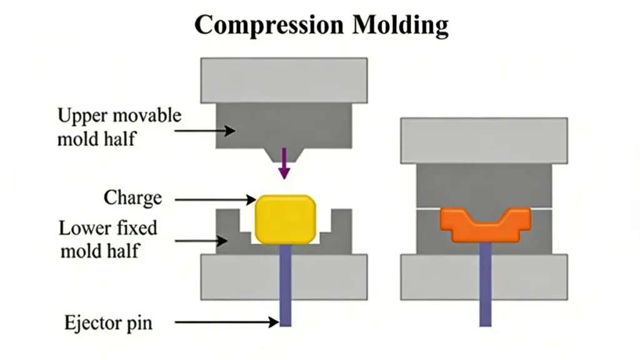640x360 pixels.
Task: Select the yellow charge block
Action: pos(285,219)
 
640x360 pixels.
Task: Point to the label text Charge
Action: pos(132,198)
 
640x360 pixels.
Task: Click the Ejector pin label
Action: pos(108,323)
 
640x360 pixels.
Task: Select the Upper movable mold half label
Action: pos(119,127)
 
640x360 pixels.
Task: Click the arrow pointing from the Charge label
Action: pos(215,199)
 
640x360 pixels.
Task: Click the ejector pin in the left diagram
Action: pos(285,287)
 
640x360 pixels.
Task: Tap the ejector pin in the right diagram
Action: pos(486,287)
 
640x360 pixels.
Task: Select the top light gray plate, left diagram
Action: pos(283,80)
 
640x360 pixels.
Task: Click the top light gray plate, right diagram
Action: pos(484,141)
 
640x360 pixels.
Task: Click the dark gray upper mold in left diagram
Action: pos(284,125)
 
